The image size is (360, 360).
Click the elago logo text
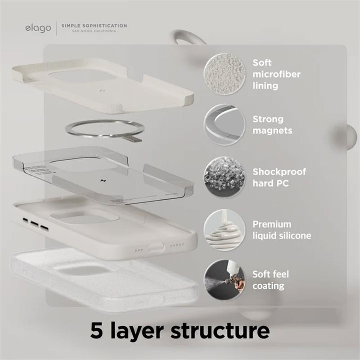38,28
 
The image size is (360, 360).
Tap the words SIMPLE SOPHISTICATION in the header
94,26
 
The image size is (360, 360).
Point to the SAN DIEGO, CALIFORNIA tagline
94,31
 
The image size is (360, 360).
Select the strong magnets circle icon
224,125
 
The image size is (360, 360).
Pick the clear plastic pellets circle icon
224,177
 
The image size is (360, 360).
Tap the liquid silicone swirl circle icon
224,229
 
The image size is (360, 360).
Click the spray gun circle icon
224,279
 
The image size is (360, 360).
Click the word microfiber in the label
276,74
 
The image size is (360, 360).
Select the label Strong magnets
272,125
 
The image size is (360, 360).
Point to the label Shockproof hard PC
279,177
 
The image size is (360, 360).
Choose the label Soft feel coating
270,279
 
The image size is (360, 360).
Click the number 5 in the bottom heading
96,330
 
